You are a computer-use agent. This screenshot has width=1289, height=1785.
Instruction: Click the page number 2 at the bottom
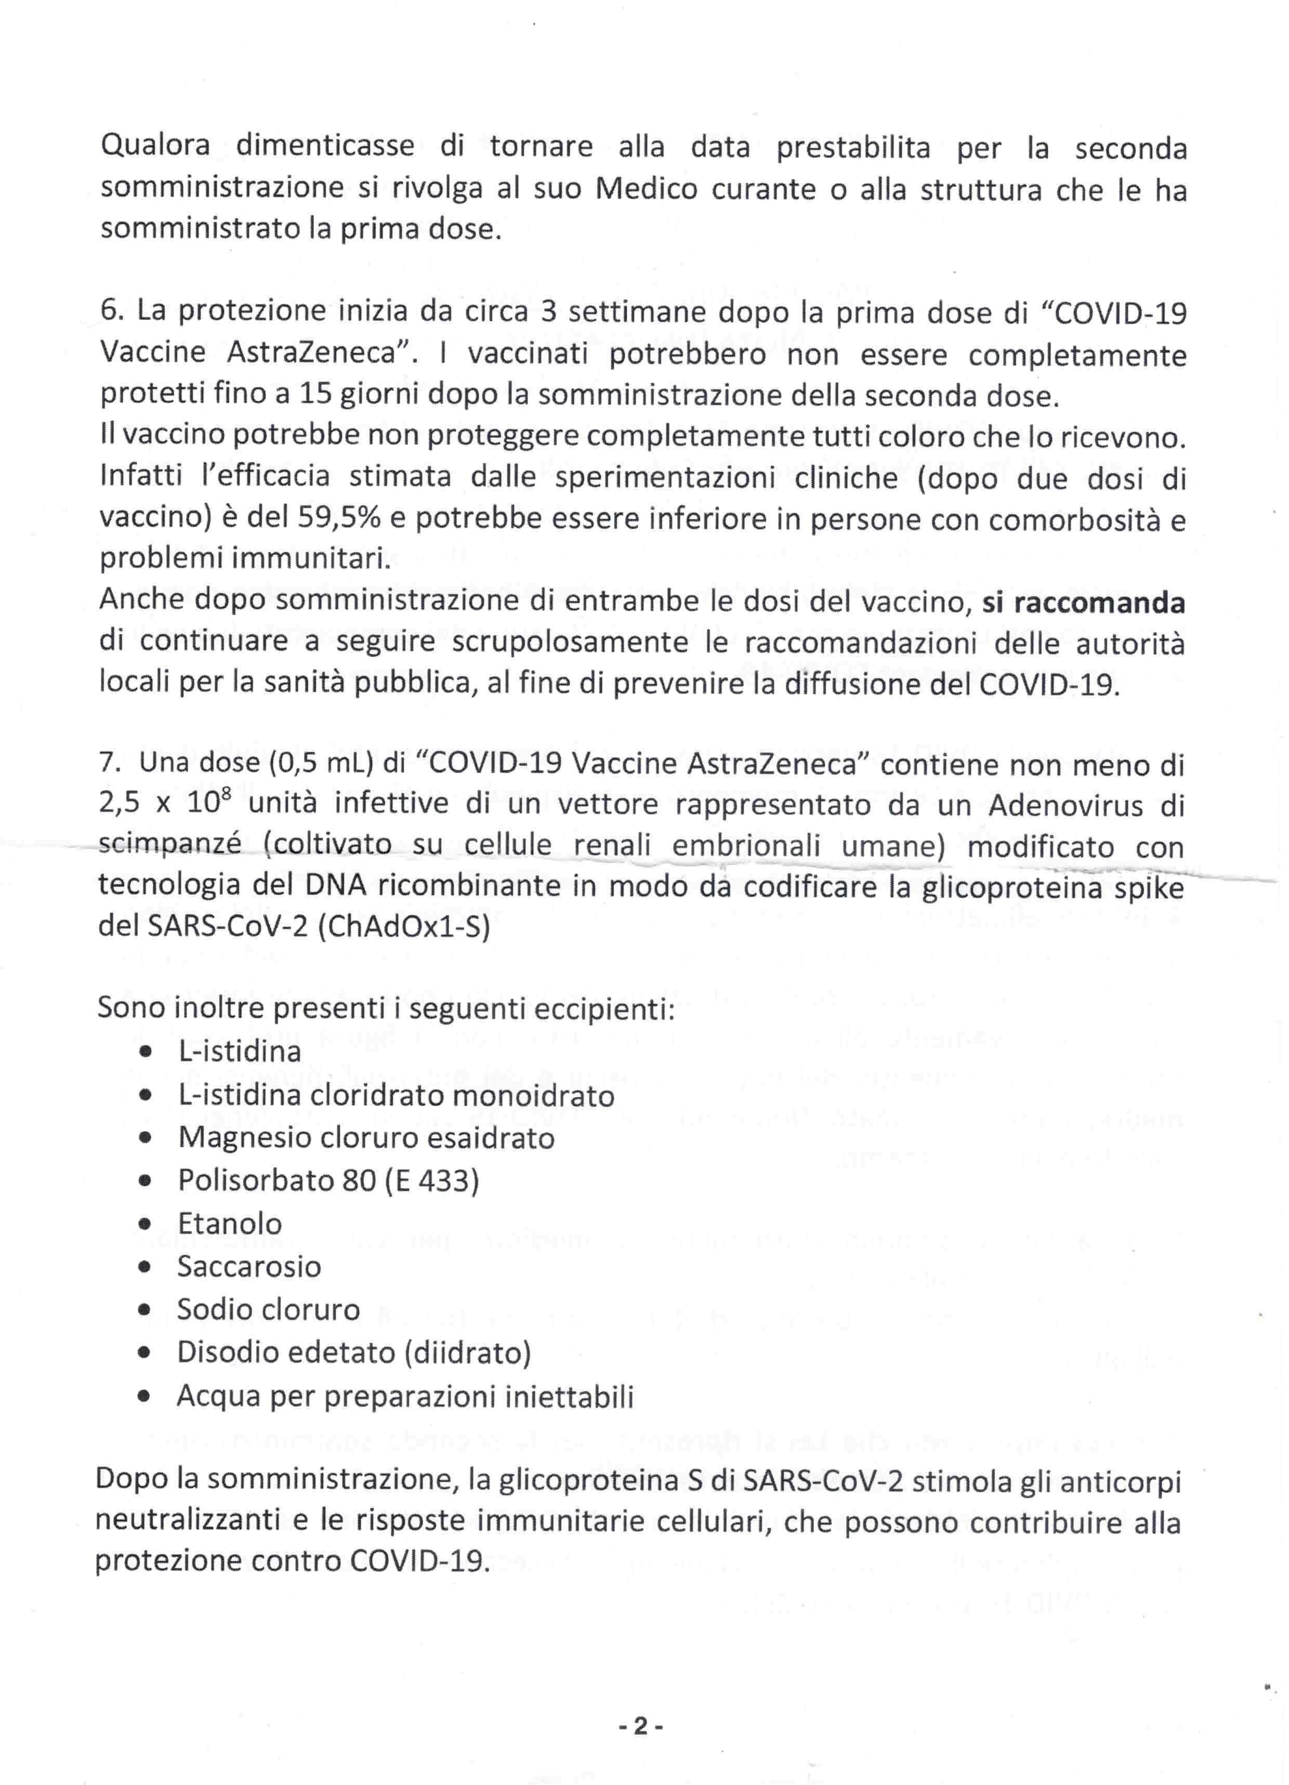point(640,1725)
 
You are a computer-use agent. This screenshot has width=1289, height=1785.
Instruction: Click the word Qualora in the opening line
point(155,146)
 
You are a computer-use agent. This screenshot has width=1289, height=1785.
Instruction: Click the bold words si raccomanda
point(1083,602)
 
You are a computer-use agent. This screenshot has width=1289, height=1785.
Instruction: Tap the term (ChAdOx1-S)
point(404,926)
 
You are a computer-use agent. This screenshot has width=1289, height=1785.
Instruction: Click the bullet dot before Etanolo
point(145,1224)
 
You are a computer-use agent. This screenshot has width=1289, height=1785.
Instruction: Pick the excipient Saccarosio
point(248,1266)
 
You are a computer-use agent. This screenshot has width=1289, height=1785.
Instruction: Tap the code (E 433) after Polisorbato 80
point(431,1180)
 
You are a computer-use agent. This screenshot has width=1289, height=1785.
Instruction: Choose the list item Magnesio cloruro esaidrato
point(366,1138)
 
